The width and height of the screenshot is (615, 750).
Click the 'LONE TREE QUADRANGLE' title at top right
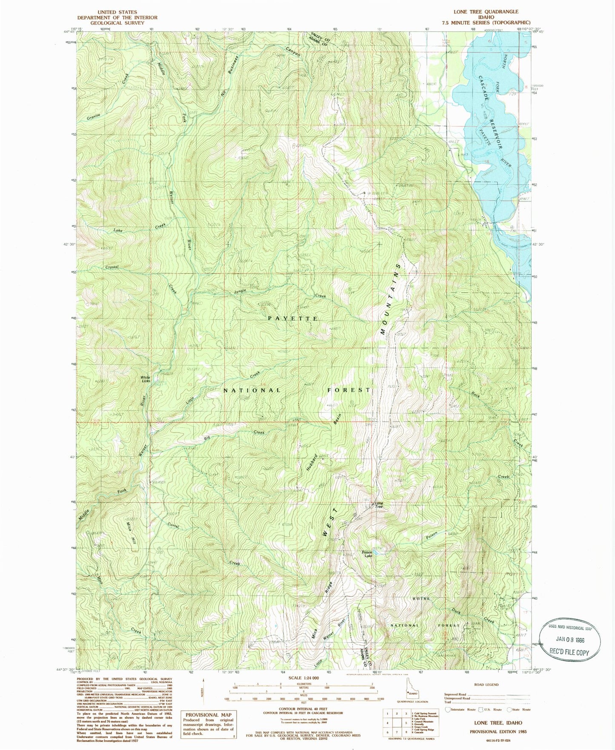tap(486, 11)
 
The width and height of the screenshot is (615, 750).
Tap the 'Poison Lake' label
tap(367, 554)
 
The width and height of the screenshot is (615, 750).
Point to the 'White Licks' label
tap(146, 379)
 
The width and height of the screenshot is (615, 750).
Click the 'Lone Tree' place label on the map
tap(378, 505)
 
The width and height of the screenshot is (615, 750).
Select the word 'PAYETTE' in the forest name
tap(293, 318)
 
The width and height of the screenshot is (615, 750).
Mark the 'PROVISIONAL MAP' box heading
tap(208, 715)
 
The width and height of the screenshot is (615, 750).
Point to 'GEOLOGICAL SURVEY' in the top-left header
tap(117, 23)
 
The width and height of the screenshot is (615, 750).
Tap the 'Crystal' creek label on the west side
tap(112, 267)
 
